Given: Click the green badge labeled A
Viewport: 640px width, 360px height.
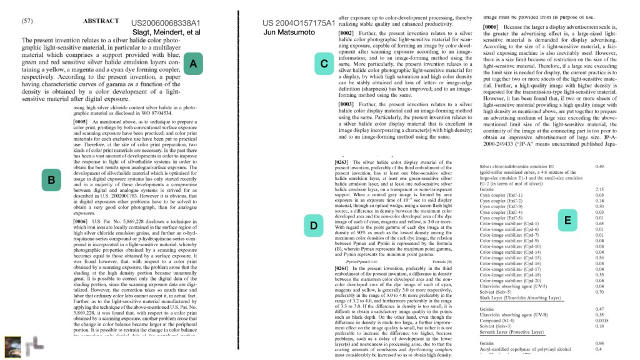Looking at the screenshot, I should tap(193, 64).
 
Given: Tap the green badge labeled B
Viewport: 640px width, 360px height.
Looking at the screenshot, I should tap(52, 181).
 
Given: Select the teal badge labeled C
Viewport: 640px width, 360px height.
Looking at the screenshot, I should tap(324, 64).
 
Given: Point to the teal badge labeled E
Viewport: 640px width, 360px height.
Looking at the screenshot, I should tap(567, 220).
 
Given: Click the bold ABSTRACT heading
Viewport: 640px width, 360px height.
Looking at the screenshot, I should tap(100, 21).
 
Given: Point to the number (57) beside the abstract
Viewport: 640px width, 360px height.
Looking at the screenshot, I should tap(27, 21).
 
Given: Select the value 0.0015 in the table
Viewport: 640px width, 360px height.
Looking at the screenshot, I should tap(602, 320).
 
